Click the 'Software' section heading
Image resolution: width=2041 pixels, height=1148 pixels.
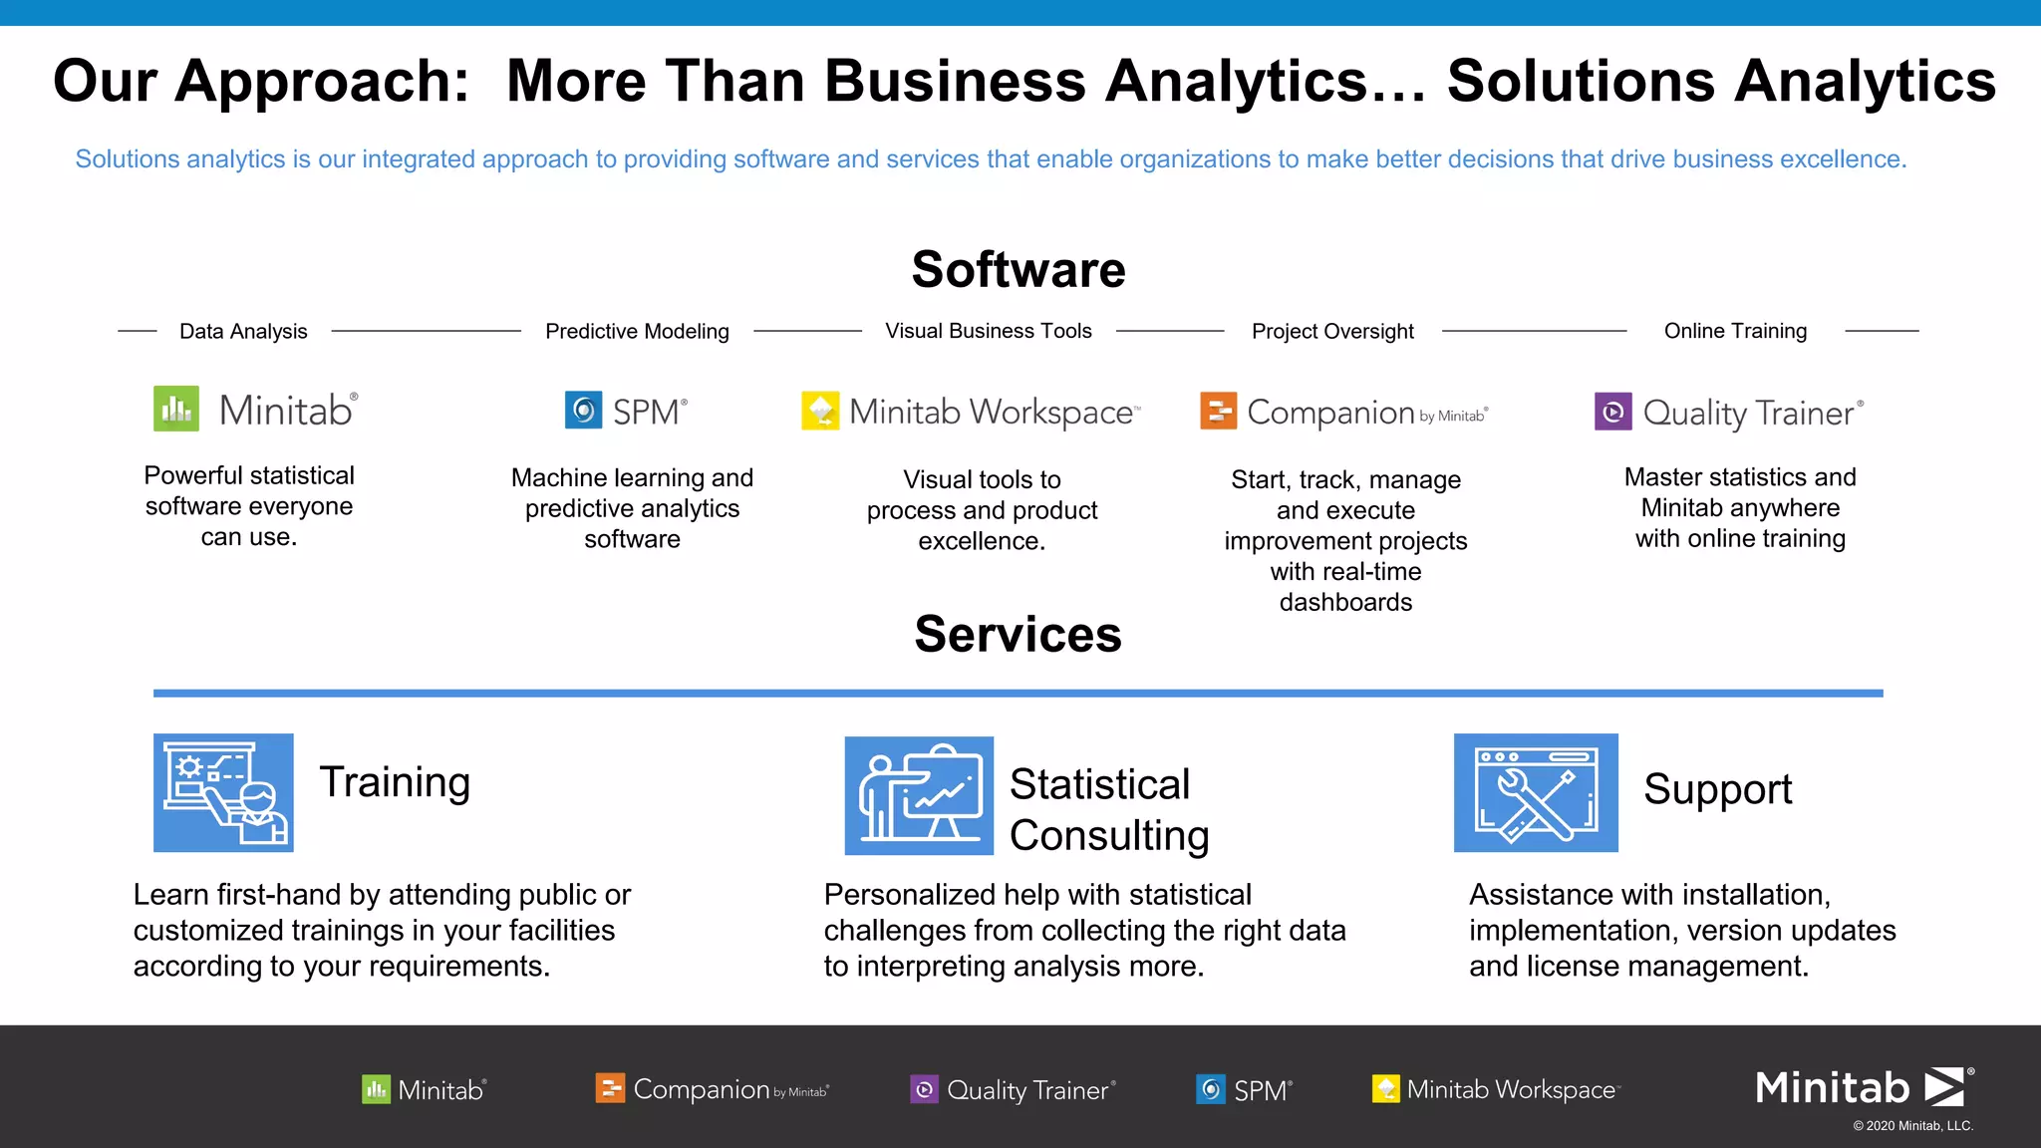[1019, 270]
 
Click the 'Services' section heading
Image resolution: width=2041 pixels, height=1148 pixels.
[1018, 635]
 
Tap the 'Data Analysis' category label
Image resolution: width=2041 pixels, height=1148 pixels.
[243, 332]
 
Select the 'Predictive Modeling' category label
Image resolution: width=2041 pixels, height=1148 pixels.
[637, 332]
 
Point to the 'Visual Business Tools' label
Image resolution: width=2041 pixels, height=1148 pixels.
[989, 331]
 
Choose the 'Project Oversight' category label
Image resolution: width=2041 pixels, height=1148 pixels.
[1332, 332]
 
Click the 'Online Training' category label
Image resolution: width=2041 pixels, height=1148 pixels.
[1735, 331]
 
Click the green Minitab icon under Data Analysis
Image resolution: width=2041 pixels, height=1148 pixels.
[176, 409]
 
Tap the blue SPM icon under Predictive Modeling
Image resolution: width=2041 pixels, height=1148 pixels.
[583, 410]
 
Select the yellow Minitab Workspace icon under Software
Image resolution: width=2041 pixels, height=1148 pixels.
[820, 411]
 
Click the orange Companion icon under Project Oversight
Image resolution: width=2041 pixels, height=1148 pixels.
[1218, 411]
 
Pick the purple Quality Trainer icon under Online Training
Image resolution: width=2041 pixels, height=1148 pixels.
[1612, 412]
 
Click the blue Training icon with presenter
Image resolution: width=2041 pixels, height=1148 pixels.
[223, 793]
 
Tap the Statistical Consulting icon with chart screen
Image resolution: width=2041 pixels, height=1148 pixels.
[919, 795]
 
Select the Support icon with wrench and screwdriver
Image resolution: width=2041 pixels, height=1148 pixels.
[1536, 793]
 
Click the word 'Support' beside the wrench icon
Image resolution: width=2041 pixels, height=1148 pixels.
[1717, 789]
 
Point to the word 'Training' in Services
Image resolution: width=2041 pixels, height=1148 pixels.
[395, 782]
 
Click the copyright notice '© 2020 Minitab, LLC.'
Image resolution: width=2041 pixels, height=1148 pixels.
[1912, 1126]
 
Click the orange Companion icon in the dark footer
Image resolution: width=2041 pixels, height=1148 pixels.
[610, 1088]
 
